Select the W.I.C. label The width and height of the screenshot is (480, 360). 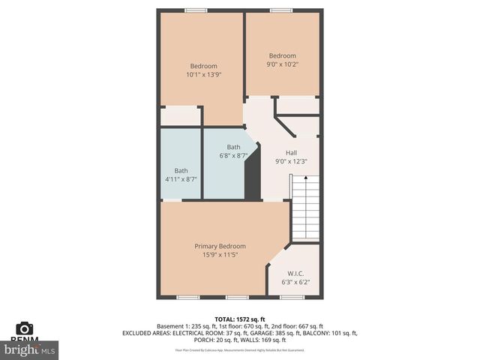tap(295, 274)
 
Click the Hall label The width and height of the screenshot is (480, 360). tap(291, 152)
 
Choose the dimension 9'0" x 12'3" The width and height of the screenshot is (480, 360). tap(291, 161)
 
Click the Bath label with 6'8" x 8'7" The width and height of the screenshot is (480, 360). tap(233, 147)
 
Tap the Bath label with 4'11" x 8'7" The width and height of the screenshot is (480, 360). tap(181, 170)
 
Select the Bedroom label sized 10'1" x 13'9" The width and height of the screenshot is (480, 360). tap(203, 66)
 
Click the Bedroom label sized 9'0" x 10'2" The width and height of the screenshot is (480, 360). tap(283, 55)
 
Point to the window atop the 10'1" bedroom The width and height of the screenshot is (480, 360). tap(196, 10)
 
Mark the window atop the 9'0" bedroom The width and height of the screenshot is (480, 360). tap(281, 10)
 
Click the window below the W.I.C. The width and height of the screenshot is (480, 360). tap(292, 297)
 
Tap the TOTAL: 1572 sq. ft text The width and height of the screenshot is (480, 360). tap(239, 319)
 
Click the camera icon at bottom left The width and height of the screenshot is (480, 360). tap(25, 328)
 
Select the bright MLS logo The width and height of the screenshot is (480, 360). tap(30, 349)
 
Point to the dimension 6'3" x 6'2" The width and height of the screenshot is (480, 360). tap(295, 283)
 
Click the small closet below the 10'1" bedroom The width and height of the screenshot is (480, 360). tap(180, 116)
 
